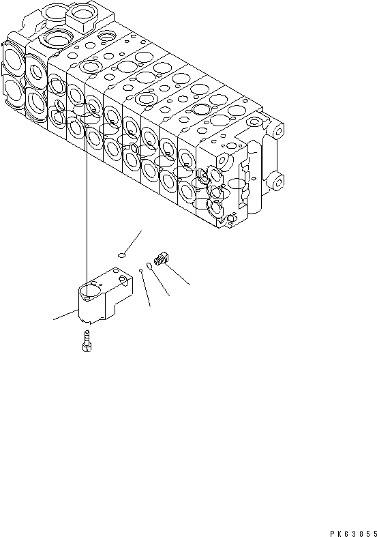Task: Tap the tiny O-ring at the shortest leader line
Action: pos(141,271)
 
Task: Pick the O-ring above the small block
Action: pos(122,255)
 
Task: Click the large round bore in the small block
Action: pos(89,293)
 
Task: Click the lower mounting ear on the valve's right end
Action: pos(276,181)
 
